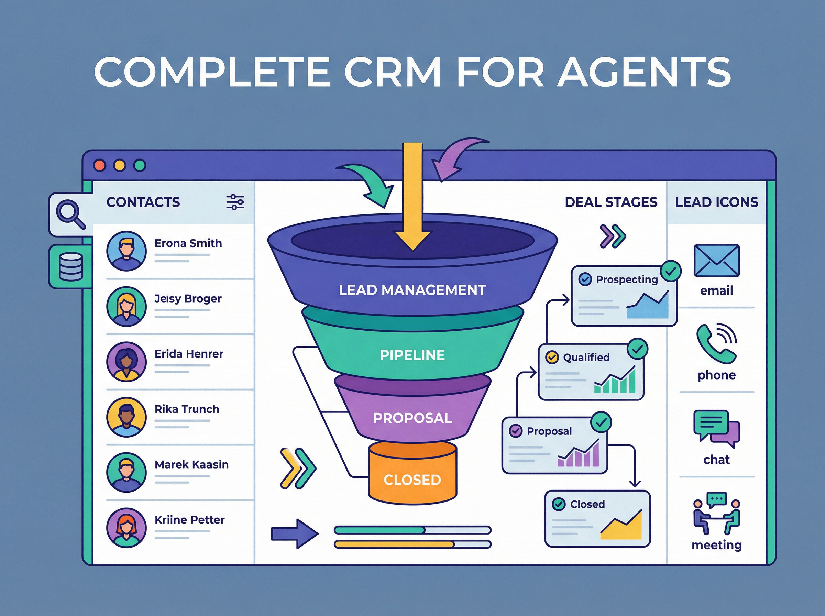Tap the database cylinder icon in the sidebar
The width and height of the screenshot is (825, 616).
pyautogui.click(x=71, y=267)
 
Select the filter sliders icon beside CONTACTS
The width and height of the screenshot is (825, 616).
pyautogui.click(x=235, y=202)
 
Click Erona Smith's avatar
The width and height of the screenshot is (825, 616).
pyautogui.click(x=126, y=251)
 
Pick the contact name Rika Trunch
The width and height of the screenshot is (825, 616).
pyautogui.click(x=187, y=409)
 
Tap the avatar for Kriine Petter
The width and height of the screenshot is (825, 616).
pyautogui.click(x=126, y=528)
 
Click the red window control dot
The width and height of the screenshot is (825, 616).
pyautogui.click(x=100, y=165)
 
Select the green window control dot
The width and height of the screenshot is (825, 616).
pyautogui.click(x=140, y=165)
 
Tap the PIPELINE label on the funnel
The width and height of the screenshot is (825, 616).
pyautogui.click(x=412, y=355)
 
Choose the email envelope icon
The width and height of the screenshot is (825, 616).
pyautogui.click(x=716, y=261)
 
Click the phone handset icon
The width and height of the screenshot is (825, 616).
pyautogui.click(x=716, y=344)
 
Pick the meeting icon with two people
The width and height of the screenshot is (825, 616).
pyautogui.click(x=716, y=514)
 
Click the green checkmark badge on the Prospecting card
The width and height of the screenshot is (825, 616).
pyautogui.click(x=671, y=271)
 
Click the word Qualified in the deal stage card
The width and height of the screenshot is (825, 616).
pyautogui.click(x=586, y=357)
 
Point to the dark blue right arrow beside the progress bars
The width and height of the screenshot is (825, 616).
pyautogui.click(x=294, y=533)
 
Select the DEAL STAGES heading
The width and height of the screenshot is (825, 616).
pyautogui.click(x=610, y=202)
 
